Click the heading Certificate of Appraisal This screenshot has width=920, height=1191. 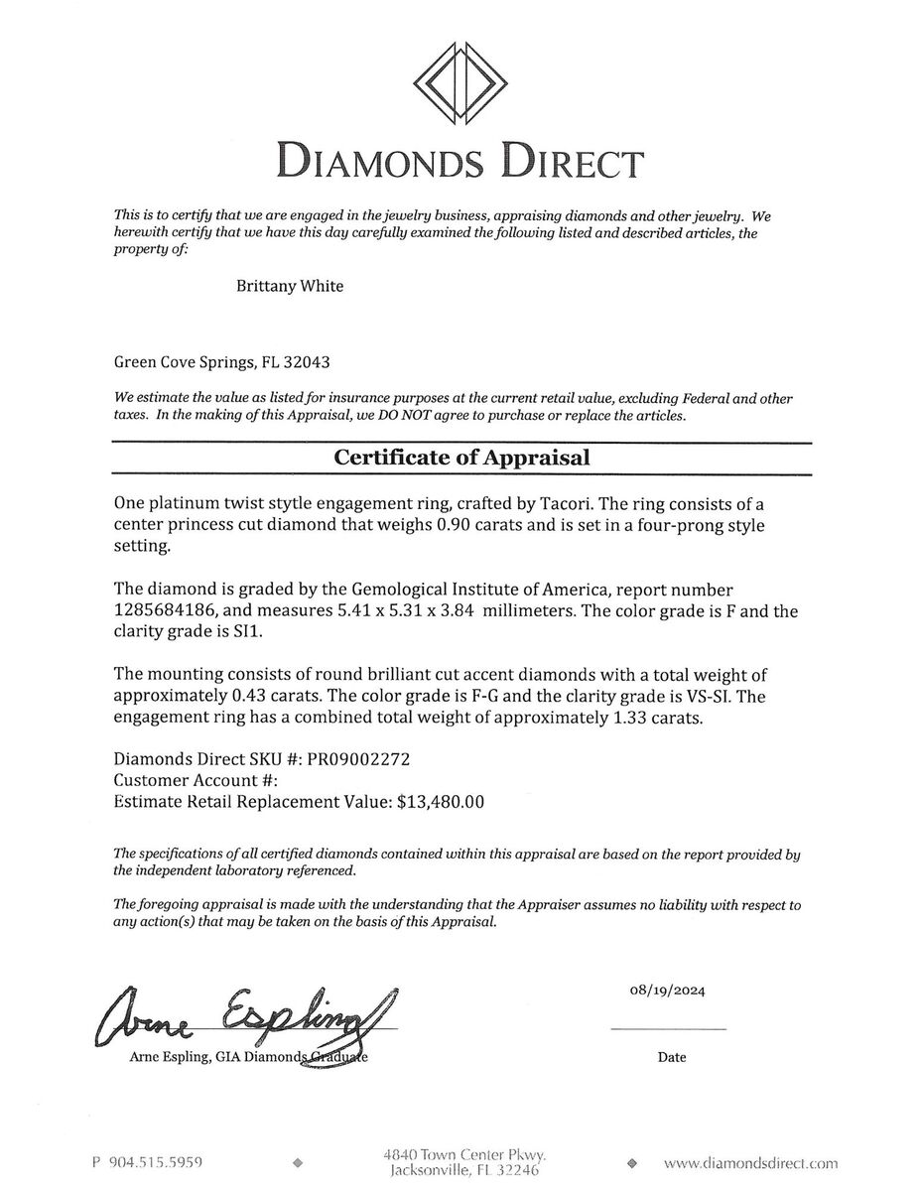[461, 458]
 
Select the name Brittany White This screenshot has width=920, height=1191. [290, 286]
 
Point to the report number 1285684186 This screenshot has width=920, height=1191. [175, 611]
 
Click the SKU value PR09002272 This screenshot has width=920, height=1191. [352, 759]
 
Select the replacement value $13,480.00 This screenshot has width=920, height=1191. [440, 802]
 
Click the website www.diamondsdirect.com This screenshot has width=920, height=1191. [749, 1162]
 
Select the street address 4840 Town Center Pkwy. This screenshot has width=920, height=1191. [465, 1154]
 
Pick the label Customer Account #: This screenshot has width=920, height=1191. [187, 780]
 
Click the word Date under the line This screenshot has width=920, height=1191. [671, 1057]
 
